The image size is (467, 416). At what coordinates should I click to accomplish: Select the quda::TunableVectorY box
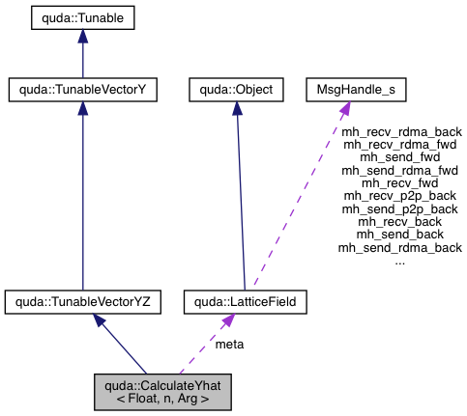tap(82, 91)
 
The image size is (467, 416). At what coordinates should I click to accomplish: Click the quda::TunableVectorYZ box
tap(82, 302)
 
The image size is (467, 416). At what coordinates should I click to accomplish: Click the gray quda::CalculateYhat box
tap(163, 391)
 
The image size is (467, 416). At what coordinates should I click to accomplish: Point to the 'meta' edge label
tap(229, 344)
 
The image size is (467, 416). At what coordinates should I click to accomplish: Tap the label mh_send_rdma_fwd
tap(399, 170)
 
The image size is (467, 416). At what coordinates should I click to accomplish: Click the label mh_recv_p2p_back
tap(400, 196)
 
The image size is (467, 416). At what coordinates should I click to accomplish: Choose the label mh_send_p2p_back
tap(400, 208)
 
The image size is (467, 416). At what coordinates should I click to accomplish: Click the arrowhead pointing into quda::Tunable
tap(81, 35)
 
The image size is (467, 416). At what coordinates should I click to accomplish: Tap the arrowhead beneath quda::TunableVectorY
tap(82, 109)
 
